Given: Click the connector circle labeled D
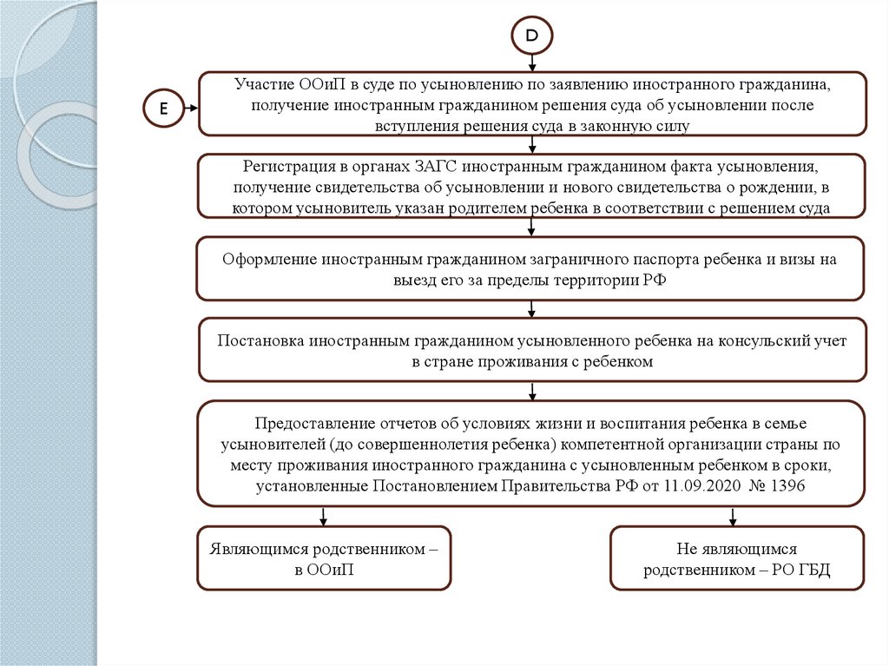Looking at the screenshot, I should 531,36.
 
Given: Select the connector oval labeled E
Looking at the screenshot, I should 161,109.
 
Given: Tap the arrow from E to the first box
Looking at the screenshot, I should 189,109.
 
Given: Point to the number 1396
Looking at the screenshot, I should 788,486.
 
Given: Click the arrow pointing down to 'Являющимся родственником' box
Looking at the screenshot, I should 323,517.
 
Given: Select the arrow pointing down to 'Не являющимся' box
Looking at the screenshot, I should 733,517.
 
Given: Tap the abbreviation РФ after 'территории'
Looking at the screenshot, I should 653,280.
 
